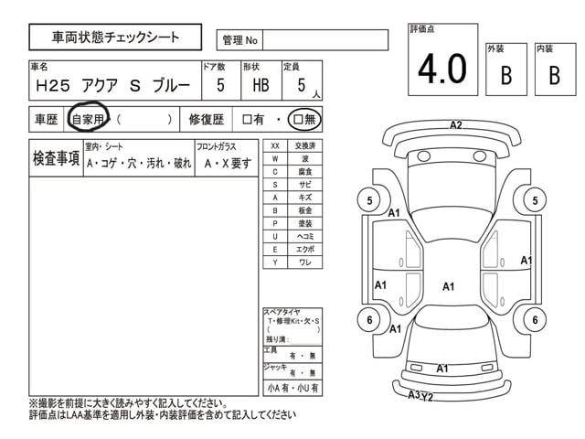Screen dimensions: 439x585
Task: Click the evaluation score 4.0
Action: [443, 69]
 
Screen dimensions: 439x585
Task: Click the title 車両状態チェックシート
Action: [115, 37]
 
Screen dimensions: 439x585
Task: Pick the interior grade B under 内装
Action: [554, 76]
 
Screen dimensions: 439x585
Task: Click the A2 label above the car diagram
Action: [456, 125]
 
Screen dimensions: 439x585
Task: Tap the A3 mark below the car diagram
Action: [413, 395]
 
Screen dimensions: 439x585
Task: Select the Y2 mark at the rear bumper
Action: [427, 396]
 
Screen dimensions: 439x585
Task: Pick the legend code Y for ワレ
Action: [275, 262]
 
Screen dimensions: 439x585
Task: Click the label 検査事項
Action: [55, 158]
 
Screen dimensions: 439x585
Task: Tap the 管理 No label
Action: [239, 40]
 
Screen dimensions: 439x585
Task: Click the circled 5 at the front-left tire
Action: [369, 201]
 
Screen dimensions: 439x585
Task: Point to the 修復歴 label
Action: [207, 119]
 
